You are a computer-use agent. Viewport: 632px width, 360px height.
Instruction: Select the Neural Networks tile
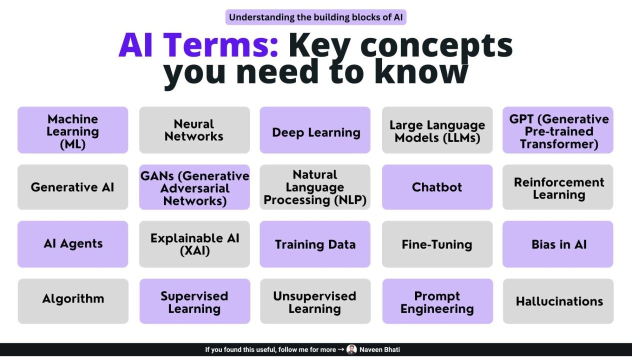[194, 130]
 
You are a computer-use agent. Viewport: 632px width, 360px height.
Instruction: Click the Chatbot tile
[437, 187]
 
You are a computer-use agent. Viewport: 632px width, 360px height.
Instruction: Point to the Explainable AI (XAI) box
[194, 244]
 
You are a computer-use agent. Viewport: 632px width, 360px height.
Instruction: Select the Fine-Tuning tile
[437, 244]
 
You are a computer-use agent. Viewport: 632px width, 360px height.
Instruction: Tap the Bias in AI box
[558, 244]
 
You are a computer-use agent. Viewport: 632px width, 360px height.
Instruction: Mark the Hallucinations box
[558, 301]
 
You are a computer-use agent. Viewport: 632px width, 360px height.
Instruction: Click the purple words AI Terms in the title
[198, 45]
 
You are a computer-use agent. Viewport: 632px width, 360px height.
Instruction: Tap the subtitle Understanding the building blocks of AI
[316, 17]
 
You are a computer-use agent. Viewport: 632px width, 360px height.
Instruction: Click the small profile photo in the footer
[351, 349]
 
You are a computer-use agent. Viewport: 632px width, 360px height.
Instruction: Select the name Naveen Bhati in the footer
[379, 349]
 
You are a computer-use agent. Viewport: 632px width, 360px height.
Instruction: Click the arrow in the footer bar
[341, 349]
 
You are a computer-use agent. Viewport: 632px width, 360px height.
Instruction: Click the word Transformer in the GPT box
[558, 144]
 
